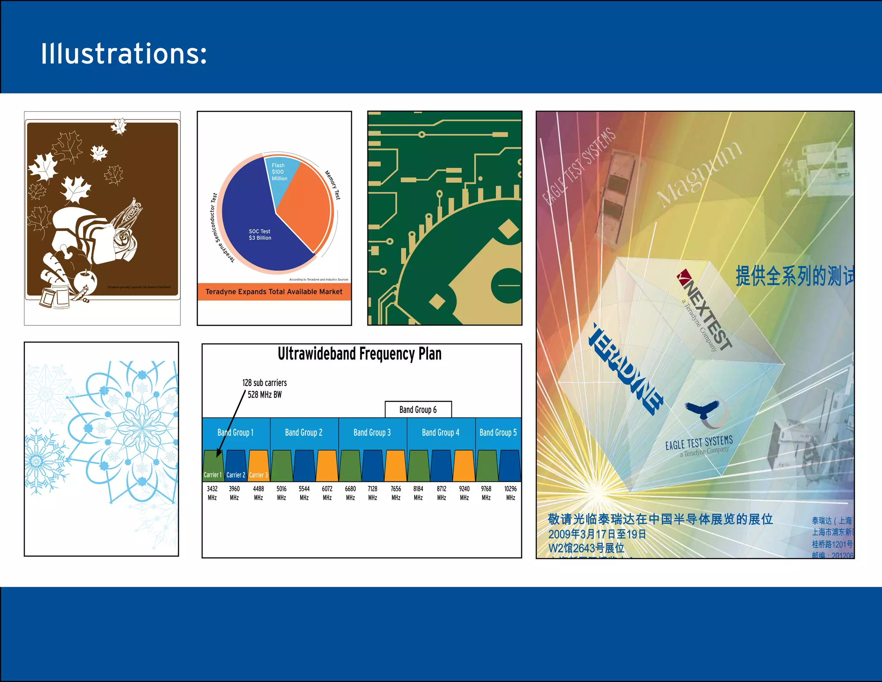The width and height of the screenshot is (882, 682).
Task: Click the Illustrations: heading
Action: (124, 53)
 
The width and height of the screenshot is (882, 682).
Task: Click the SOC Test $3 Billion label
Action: (260, 235)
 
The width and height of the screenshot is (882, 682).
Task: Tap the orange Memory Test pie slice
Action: (306, 203)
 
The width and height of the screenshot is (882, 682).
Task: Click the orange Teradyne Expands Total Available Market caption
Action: (274, 292)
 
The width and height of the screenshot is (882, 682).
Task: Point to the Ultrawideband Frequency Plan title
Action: (360, 354)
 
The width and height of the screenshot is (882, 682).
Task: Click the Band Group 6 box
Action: (418, 410)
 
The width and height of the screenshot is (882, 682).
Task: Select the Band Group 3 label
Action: (372, 432)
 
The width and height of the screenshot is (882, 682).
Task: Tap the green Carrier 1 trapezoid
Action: (213, 466)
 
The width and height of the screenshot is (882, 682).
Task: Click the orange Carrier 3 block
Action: (258, 466)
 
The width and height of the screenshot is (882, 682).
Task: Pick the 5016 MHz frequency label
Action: (281, 493)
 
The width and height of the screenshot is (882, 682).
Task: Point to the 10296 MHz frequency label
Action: (510, 493)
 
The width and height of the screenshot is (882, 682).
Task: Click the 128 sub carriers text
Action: (264, 383)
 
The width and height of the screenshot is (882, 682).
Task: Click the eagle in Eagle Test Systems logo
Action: (703, 410)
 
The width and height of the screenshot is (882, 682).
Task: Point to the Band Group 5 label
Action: (498, 432)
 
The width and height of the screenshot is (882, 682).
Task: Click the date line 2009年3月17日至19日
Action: (597, 534)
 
